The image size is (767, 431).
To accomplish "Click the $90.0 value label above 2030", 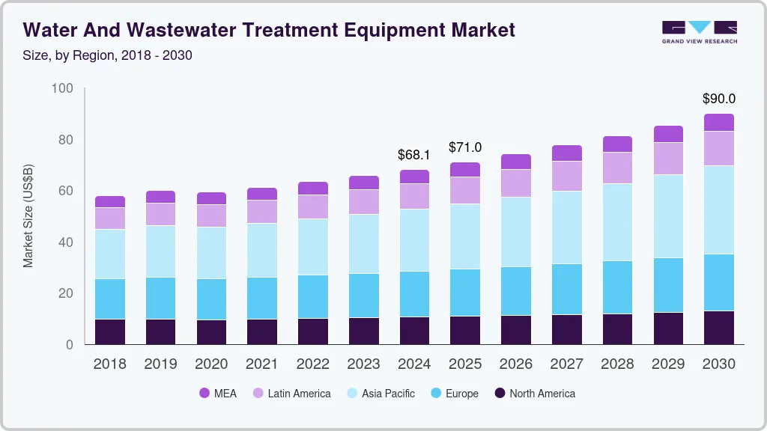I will pyautogui.click(x=718, y=99).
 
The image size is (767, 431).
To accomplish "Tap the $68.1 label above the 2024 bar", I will pyautogui.click(x=414, y=155).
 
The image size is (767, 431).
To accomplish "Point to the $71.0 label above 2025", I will pyautogui.click(x=465, y=147).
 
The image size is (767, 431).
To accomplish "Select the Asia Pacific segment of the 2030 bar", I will pyautogui.click(x=718, y=210).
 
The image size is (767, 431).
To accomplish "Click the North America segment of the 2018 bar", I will pyautogui.click(x=109, y=331).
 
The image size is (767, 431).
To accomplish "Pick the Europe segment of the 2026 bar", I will pyautogui.click(x=516, y=290).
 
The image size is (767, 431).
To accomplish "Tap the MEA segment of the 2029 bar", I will pyautogui.click(x=668, y=134).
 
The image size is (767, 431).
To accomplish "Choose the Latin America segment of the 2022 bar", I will pyautogui.click(x=312, y=207).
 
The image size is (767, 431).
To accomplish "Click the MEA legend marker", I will pyautogui.click(x=204, y=394).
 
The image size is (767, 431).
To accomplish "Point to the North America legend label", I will pyautogui.click(x=542, y=394).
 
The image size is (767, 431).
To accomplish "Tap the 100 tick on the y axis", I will pyautogui.click(x=63, y=89).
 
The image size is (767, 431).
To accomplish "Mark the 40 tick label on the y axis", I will pyautogui.click(x=66, y=242).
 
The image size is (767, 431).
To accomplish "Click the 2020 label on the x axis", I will pyautogui.click(x=211, y=364).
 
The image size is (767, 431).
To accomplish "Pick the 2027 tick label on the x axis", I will pyautogui.click(x=566, y=364).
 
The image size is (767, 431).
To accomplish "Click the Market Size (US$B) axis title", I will pyautogui.click(x=28, y=215).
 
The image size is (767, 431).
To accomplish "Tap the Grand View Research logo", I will pyautogui.click(x=699, y=31).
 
